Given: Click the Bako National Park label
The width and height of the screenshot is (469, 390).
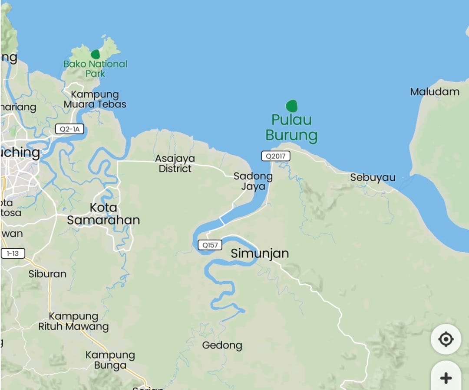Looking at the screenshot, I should point(96,68).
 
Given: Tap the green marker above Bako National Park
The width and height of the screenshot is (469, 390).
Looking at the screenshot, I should point(95,54).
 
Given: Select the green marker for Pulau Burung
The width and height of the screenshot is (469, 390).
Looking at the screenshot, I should point(291,106).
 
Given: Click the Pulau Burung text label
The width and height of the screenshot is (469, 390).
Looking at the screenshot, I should point(291,127).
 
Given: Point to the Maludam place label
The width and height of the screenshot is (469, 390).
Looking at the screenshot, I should point(435,91).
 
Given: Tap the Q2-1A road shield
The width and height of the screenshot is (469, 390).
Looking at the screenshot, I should point(69,129).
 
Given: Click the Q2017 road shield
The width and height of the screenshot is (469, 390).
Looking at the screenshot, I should point(275,156).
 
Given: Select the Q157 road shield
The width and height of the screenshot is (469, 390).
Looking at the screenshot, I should point(210,245).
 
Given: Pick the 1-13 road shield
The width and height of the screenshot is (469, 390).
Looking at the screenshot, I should point(13,253).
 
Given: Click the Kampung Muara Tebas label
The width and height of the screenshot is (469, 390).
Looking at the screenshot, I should point(95,99).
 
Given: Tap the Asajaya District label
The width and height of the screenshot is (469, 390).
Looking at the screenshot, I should point(175,163).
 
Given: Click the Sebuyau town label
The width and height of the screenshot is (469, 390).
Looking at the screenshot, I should point(373,178).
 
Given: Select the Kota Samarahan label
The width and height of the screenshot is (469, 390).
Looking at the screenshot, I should point(103,214).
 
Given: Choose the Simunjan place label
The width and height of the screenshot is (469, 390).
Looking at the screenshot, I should point(260,253).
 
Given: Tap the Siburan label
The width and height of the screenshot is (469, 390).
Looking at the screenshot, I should point(47,274).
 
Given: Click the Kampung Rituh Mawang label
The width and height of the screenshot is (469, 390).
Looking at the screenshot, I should point(73,321).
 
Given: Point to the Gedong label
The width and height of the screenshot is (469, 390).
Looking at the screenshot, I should point(222,345).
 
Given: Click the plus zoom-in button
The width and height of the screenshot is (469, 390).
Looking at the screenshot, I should point(446,378).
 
